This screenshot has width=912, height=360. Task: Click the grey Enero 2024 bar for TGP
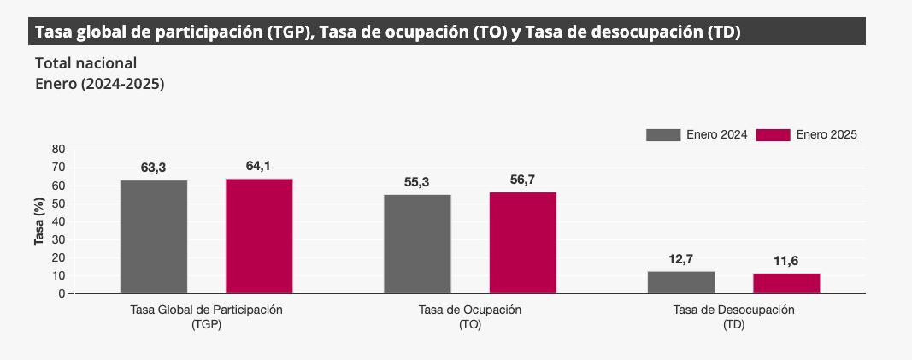point(154,237)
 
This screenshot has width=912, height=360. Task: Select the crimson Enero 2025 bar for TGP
point(259,236)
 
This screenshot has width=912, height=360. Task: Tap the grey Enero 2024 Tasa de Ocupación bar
point(417,244)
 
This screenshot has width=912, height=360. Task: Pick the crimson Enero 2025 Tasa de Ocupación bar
point(523,243)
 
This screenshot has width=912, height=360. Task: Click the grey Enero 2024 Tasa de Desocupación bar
point(681,282)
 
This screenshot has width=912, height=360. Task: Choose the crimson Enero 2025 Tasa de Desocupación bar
point(786,283)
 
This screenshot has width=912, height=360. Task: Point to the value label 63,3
point(154,168)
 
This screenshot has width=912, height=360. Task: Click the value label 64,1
point(258,166)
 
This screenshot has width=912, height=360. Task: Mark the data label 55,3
point(417,182)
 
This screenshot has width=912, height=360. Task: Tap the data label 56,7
point(522,180)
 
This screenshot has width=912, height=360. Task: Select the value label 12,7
point(681,258)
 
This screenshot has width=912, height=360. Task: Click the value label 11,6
point(786,261)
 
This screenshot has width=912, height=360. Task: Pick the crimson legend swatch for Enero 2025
point(774,134)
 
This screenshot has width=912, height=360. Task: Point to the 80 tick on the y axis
point(58,149)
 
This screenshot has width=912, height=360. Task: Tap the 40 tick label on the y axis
point(58,221)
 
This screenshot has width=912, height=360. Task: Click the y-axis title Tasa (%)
point(38,221)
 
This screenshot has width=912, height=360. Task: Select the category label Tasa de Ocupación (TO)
point(470,316)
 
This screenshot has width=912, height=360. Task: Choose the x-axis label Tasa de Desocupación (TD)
point(733,316)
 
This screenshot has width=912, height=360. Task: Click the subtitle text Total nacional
point(86,63)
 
